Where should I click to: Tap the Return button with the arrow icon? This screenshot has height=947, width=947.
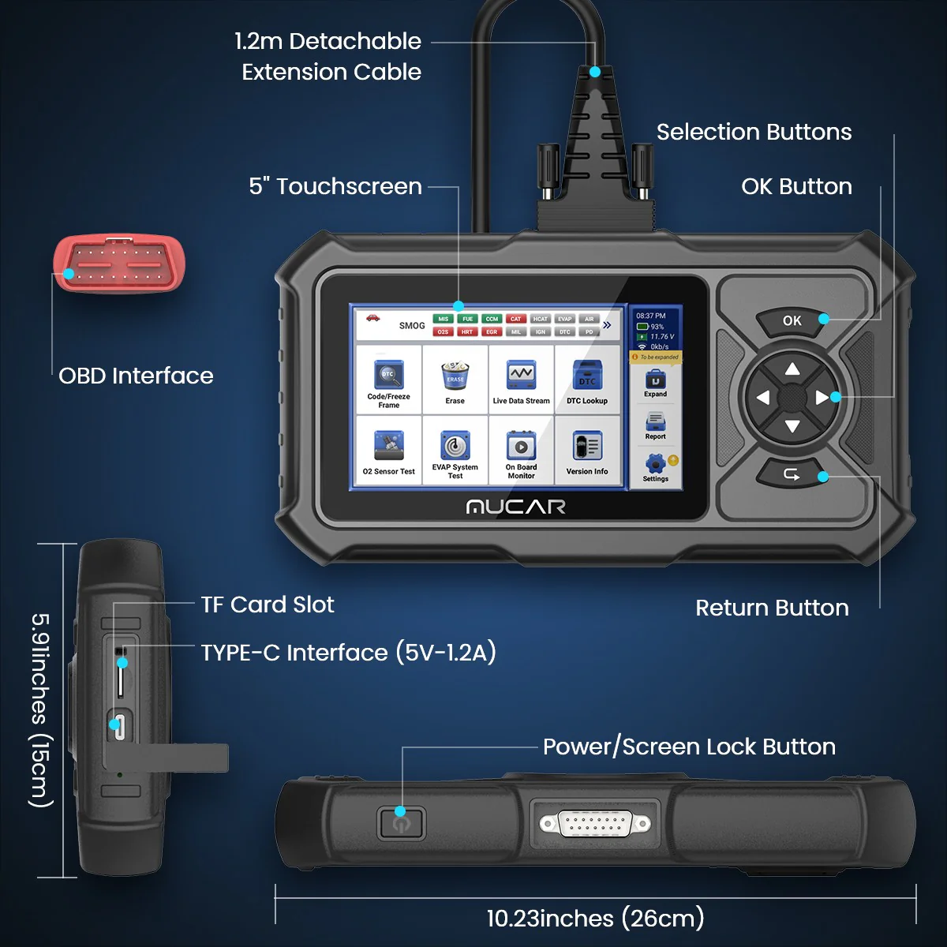tap(792, 474)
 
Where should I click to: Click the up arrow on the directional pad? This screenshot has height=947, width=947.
tap(792, 369)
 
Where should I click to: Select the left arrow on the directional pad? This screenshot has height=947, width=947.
tap(762, 398)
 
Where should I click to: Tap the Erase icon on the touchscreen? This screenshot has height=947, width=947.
tap(455, 377)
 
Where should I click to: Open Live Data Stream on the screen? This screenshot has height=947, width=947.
tap(521, 377)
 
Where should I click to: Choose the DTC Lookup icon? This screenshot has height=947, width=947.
tap(587, 377)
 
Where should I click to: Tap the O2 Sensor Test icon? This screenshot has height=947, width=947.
tap(388, 448)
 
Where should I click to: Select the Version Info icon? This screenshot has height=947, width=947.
tap(587, 448)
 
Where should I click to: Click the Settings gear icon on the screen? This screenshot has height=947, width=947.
tap(655, 464)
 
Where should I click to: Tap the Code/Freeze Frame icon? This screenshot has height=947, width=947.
tap(388, 377)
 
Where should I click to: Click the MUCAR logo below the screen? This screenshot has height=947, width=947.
tap(515, 507)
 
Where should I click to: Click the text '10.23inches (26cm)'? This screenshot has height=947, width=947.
tap(595, 918)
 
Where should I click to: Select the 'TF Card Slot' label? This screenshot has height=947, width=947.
tap(268, 605)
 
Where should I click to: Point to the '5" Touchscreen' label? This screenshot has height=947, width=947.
tap(335, 186)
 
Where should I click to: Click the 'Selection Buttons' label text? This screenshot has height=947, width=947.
tap(754, 132)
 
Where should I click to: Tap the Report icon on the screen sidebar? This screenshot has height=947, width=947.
tap(655, 422)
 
